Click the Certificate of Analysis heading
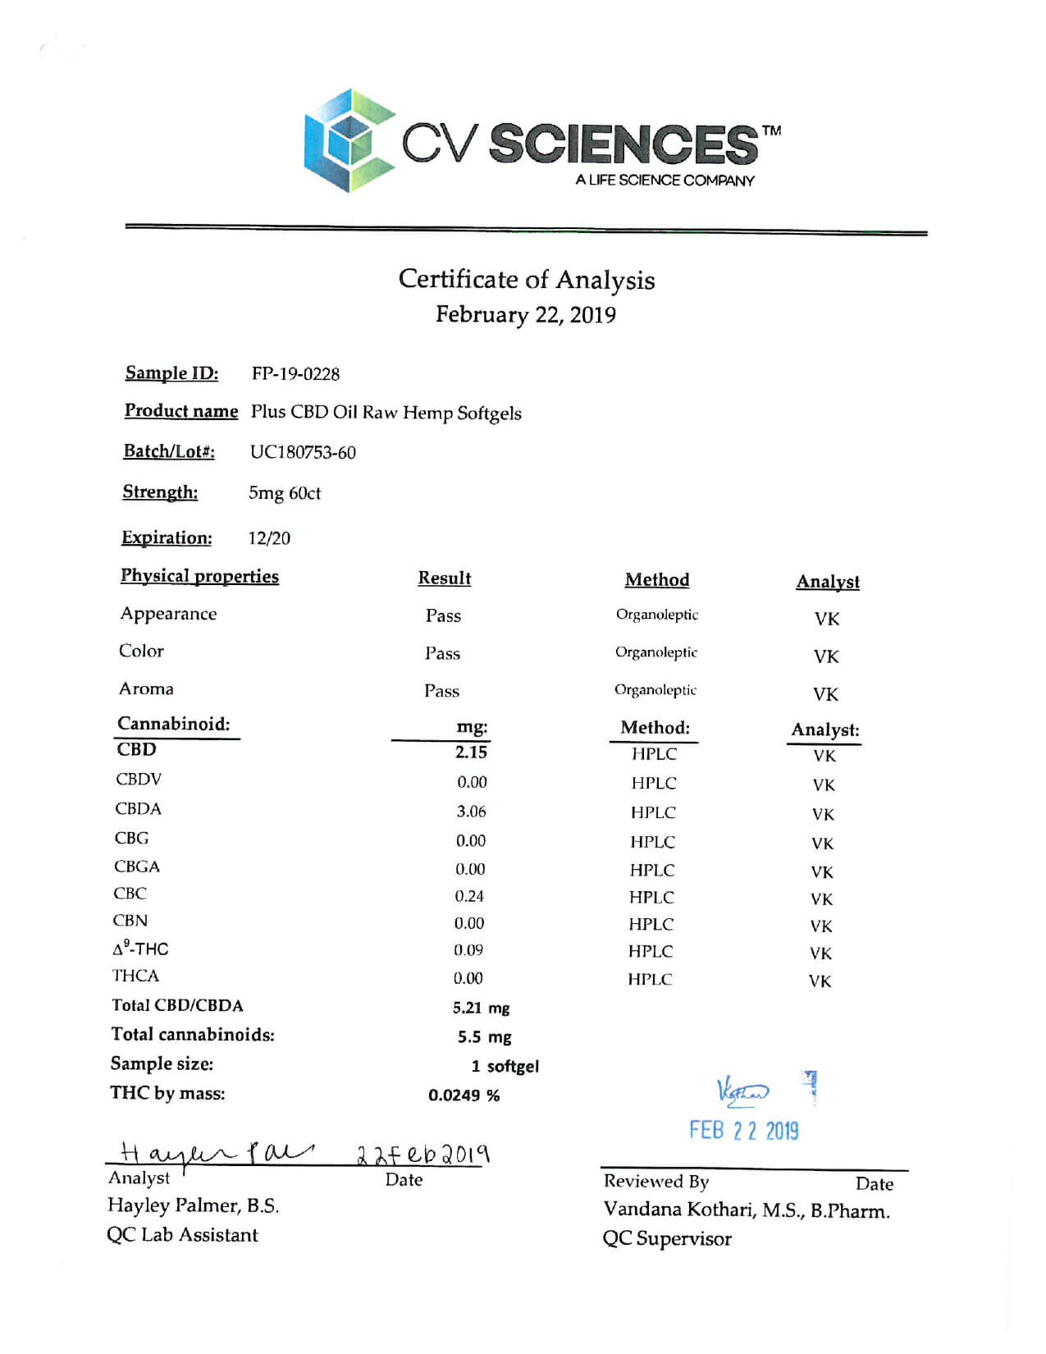click(526, 280)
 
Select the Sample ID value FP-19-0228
click(295, 374)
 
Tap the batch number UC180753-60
click(303, 452)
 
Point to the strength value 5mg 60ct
click(284, 493)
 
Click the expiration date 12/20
click(269, 538)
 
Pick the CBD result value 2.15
click(471, 752)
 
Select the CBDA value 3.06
click(471, 812)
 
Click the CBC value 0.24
click(469, 896)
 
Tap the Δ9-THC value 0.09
click(468, 950)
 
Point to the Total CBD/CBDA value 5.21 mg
click(481, 1008)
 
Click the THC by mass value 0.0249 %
click(464, 1096)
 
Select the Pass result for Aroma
click(441, 691)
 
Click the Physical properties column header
click(199, 576)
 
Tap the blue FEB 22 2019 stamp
click(743, 1131)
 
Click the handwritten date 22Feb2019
click(423, 1155)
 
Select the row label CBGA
click(137, 867)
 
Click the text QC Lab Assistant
click(182, 1235)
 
